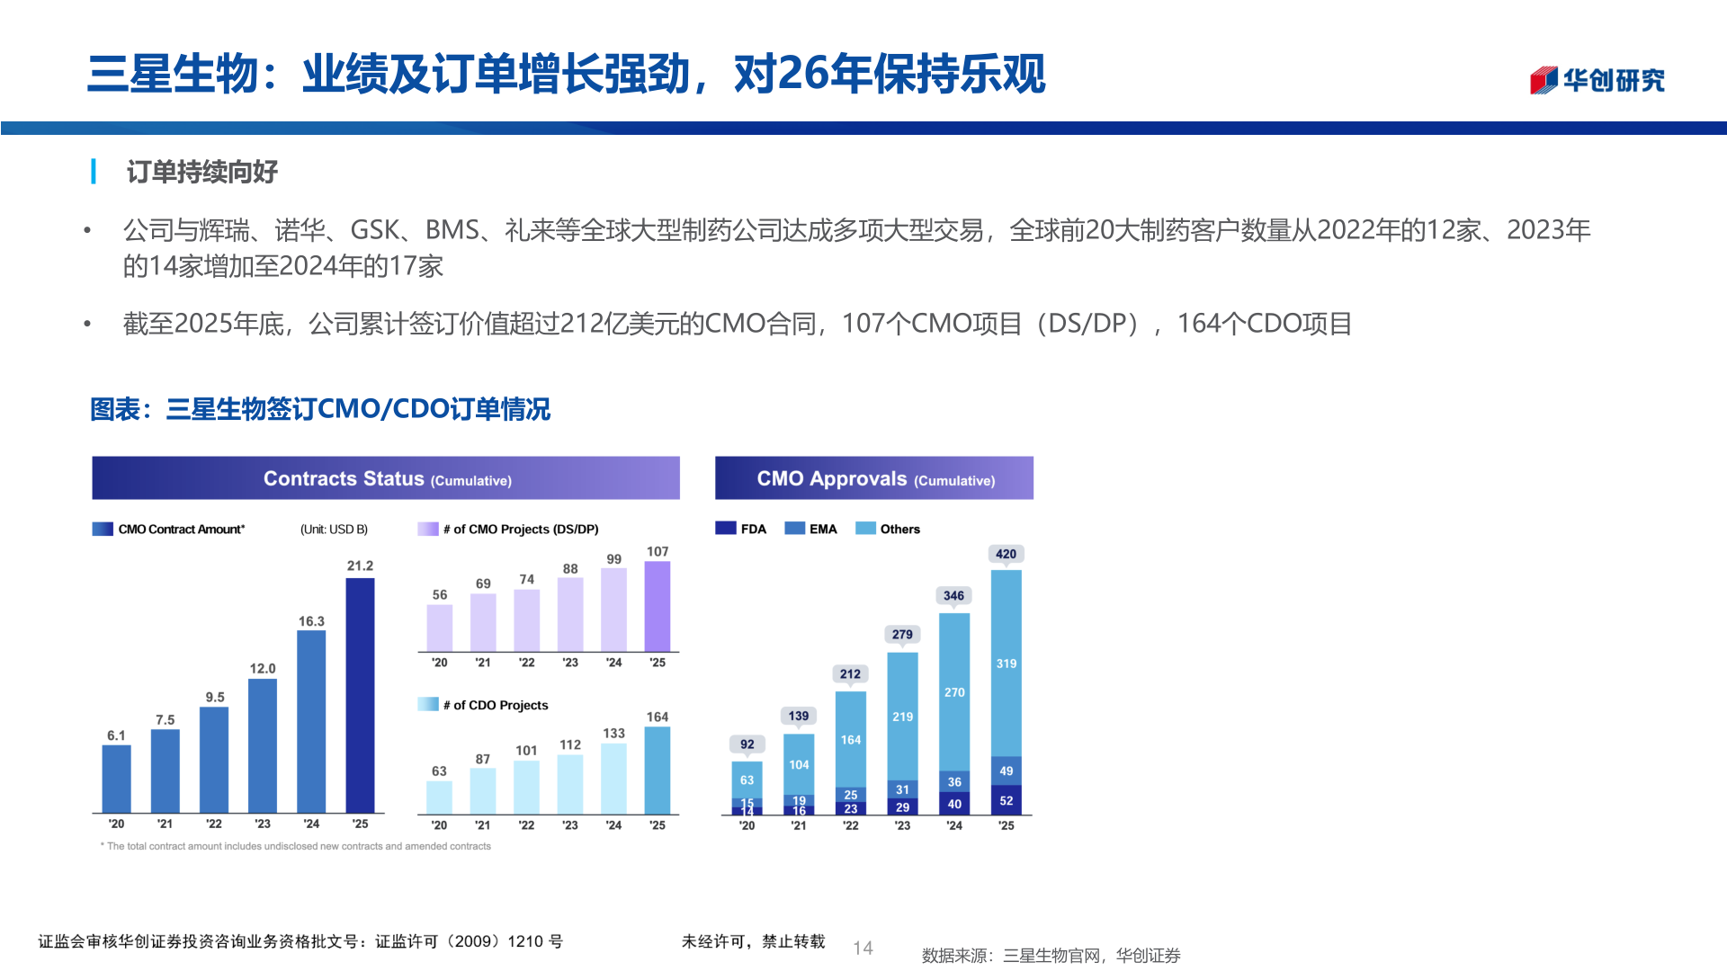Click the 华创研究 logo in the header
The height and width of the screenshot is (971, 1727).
[1597, 81]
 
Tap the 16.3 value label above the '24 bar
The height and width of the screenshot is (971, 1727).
[311, 621]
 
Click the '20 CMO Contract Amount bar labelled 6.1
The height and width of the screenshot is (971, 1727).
[117, 779]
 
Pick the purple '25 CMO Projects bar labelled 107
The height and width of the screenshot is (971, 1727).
[658, 606]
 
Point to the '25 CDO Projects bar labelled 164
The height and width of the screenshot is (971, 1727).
[658, 771]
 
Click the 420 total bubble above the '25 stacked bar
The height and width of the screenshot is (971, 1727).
[1006, 554]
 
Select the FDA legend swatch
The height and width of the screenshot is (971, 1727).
[726, 529]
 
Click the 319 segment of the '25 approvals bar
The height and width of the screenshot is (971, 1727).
[1006, 664]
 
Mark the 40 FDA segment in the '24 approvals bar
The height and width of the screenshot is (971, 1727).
[954, 804]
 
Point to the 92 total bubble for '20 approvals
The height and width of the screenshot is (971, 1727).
[747, 744]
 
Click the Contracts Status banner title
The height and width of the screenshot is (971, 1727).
[387, 479]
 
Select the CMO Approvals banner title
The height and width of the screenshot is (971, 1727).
[875, 479]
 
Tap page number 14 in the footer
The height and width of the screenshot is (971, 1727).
[863, 948]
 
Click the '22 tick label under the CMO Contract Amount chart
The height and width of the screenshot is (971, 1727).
[213, 824]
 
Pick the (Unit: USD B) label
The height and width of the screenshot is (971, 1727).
[334, 530]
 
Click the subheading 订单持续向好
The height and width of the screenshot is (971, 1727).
[201, 172]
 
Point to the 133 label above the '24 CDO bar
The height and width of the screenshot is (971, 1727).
[613, 734]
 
